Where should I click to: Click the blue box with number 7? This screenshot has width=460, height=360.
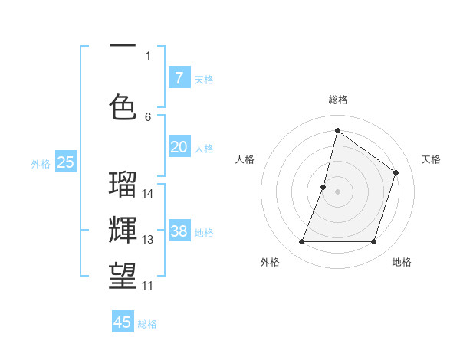pyautogui.click(x=179, y=77)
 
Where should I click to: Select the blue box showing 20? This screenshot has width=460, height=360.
pyautogui.click(x=179, y=147)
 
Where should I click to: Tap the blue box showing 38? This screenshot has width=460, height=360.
pyautogui.click(x=179, y=232)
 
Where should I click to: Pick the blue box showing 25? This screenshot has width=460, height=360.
pyautogui.click(x=65, y=162)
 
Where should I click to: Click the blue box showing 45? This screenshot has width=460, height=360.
pyautogui.click(x=123, y=322)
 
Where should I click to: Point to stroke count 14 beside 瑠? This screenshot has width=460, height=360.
pyautogui.click(x=149, y=194)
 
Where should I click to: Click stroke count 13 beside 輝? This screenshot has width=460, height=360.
pyautogui.click(x=149, y=240)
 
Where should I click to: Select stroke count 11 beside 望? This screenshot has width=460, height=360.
pyautogui.click(x=149, y=286)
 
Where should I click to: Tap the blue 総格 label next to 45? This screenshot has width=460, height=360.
pyautogui.click(x=147, y=324)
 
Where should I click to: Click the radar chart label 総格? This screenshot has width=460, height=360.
pyautogui.click(x=337, y=100)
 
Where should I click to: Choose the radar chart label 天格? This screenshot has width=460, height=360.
pyautogui.click(x=431, y=159)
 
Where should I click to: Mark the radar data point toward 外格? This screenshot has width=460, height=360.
pyautogui.click(x=301, y=242)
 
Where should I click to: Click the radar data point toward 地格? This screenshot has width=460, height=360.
pyautogui.click(x=373, y=242)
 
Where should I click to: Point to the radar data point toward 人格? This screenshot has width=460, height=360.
pyautogui.click(x=324, y=187)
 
